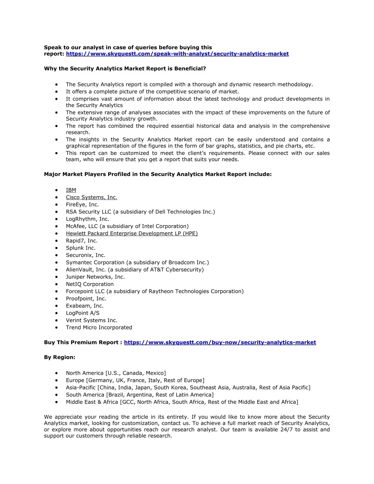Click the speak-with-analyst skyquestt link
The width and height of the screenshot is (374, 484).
click(177, 54)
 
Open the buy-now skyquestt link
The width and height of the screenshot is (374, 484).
click(220, 342)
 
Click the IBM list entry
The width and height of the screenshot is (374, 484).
click(71, 190)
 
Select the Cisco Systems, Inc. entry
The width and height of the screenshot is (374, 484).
click(91, 197)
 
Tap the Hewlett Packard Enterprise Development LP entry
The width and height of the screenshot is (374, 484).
click(131, 233)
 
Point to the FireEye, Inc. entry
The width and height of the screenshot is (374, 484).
click(82, 205)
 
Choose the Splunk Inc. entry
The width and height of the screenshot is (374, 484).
click(81, 248)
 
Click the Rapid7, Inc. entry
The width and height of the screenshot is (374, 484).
click(81, 241)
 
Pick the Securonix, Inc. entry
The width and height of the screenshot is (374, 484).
click(85, 255)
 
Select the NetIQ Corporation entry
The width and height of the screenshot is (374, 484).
click(89, 284)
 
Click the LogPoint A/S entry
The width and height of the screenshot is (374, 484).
click(83, 313)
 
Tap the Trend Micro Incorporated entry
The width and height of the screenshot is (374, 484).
click(99, 328)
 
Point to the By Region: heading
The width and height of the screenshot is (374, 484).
click(60, 357)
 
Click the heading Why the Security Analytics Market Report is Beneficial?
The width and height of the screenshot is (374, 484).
click(125, 69)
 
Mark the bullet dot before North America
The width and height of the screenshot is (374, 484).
click(57, 373)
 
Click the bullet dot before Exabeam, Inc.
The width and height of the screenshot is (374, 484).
click(57, 306)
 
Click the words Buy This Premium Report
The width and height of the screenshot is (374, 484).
click(81, 342)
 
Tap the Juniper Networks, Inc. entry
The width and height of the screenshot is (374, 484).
click(95, 277)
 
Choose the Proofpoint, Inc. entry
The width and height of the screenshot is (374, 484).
click(86, 299)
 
